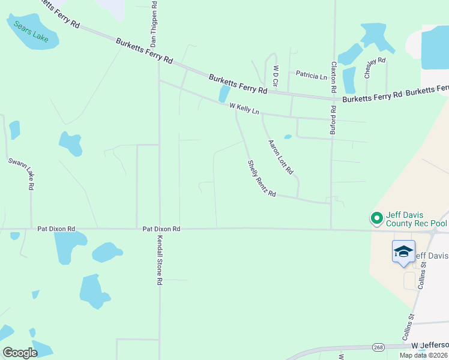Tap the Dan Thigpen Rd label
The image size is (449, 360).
[x=154, y=25]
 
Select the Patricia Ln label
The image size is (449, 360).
[x=311, y=76]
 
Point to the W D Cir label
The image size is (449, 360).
[x=276, y=76]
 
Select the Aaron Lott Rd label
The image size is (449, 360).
[x=280, y=157]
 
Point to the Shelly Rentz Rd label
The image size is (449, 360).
[x=262, y=178]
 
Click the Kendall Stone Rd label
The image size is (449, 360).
[x=160, y=260]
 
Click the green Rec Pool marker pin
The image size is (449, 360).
[x=376, y=218]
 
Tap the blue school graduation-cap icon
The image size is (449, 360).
[x=403, y=251]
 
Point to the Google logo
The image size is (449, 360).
[x=20, y=353]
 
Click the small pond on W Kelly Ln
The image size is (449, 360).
[x=224, y=94]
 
